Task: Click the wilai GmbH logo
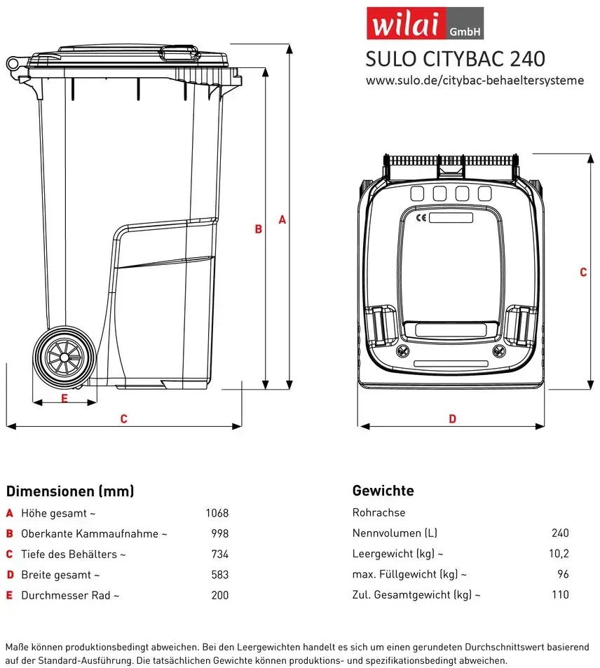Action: [425, 23]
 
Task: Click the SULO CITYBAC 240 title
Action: [455, 59]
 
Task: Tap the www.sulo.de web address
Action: [475, 80]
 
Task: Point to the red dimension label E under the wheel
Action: [64, 398]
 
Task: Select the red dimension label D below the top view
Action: [452, 418]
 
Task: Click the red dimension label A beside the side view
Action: [282, 220]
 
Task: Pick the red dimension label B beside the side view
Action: [258, 229]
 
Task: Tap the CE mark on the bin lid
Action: [421, 218]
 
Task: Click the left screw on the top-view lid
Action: [403, 351]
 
